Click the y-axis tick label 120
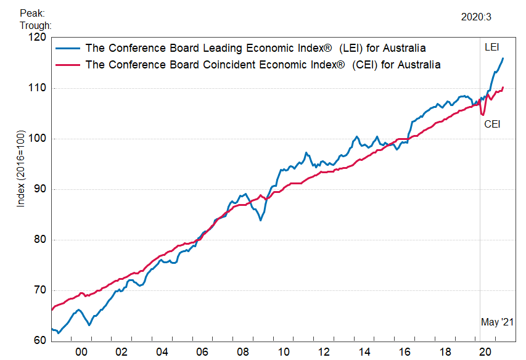38,38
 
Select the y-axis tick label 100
38,139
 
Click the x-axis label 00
81,351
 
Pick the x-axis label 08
242,351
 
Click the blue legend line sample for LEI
67,48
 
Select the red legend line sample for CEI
67,65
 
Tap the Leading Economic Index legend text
255,48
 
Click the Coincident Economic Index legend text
263,65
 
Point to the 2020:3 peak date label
476,17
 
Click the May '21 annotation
497,322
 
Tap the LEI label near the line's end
492,47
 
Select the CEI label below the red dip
492,124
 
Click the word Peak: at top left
31,12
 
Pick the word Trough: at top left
35,25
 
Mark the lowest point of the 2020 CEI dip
483,115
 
